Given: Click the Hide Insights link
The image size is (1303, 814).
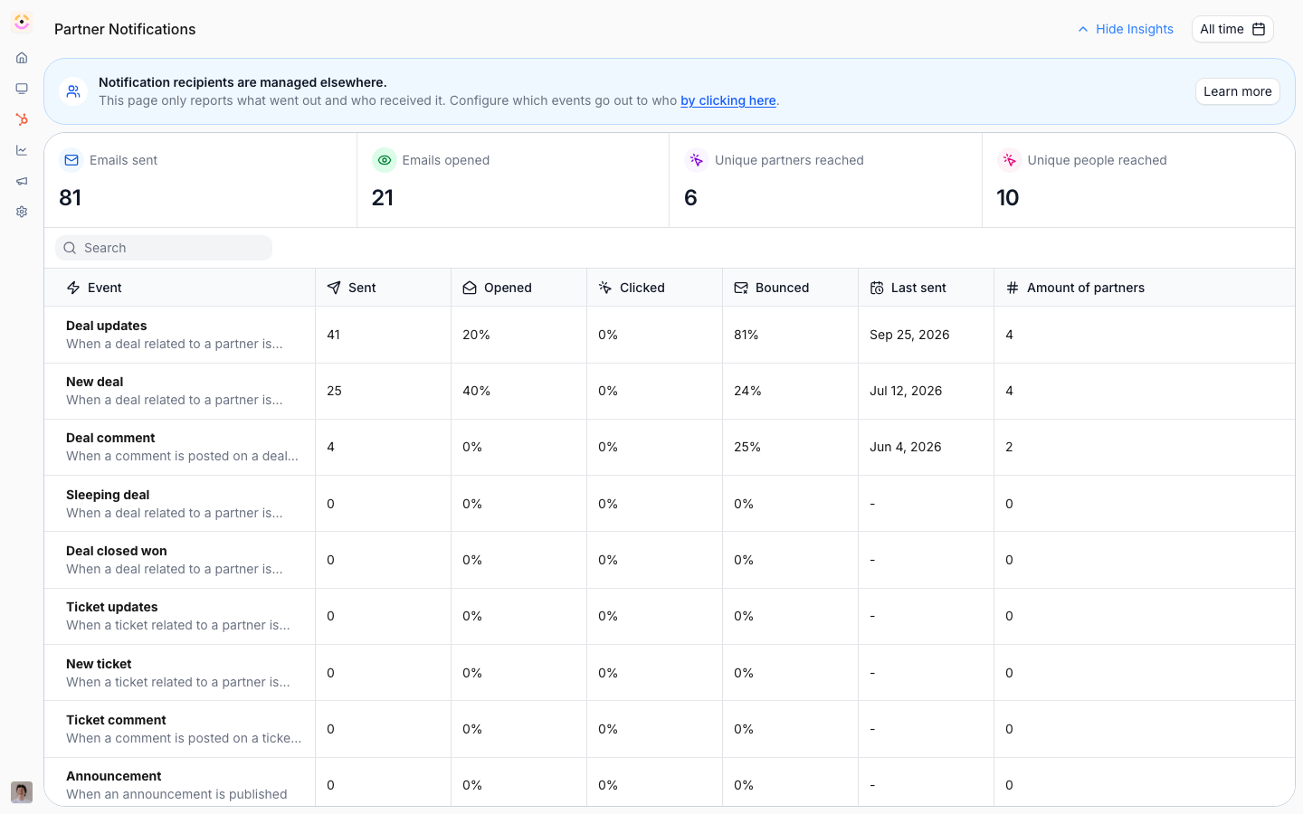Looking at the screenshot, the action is point(1126,29).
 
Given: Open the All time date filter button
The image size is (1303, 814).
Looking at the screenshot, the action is point(1232,29).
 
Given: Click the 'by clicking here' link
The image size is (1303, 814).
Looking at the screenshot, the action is point(728,100).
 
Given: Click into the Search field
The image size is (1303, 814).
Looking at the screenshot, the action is point(164,248).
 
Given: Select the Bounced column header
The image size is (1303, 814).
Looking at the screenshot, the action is point(772,288).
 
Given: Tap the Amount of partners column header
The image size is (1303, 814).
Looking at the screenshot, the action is point(1075,288).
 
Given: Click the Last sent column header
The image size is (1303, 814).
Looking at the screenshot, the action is point(908,288).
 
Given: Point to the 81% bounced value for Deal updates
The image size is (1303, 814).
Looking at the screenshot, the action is point(747,335).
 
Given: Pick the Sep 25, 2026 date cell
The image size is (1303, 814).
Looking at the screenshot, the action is point(909,335).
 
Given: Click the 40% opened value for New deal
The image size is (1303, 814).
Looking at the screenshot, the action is point(476,391).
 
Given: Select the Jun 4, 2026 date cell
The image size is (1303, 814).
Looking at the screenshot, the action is point(905,447).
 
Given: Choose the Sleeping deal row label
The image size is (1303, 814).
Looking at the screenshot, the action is point(108,495).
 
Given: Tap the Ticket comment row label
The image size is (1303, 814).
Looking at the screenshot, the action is point(116,720).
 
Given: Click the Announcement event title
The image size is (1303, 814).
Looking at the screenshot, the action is point(113,776).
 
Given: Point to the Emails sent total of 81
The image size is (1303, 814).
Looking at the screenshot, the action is point(70,198).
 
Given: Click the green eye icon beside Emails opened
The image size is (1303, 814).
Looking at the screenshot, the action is point(384,160).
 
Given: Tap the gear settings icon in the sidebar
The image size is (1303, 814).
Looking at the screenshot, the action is point(22,212).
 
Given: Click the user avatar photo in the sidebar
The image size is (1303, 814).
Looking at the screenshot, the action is point(22,792).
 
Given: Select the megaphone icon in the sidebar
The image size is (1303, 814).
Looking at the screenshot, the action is point(22,181).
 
